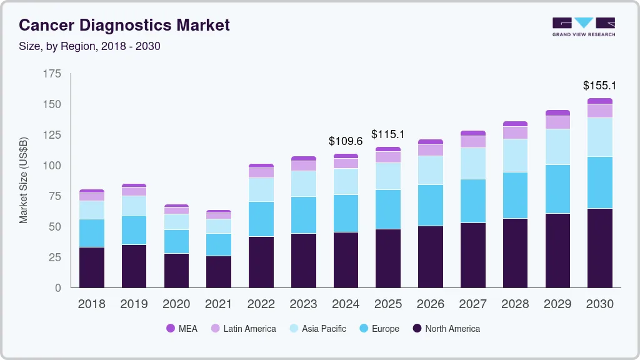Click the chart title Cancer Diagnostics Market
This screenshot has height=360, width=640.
(124, 25)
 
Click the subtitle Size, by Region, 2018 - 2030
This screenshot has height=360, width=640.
(90, 46)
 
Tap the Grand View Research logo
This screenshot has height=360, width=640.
(583, 26)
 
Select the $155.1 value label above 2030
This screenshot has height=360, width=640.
(599, 86)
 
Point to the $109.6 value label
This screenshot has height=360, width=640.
(346, 141)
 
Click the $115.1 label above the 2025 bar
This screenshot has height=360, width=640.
(388, 134)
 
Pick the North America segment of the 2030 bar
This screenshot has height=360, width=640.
(599, 247)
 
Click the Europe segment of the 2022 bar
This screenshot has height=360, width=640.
(261, 219)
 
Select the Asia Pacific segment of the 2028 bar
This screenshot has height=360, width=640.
(515, 156)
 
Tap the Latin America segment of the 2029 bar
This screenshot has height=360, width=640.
(557, 122)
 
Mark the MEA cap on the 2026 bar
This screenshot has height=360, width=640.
(430, 142)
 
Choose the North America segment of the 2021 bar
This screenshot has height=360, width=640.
(219, 271)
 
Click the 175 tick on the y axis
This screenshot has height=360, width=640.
(52, 74)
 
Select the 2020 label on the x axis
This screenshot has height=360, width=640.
(176, 304)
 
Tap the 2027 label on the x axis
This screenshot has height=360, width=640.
(472, 304)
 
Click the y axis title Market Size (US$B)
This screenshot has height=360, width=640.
(24, 180)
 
